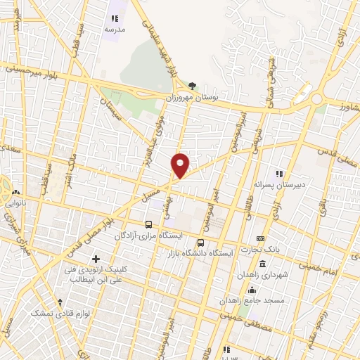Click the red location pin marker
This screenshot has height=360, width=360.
[180, 165]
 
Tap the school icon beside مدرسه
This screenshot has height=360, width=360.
[115, 18]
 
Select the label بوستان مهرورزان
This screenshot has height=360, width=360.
[193, 98]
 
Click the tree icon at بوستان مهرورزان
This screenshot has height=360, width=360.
[193, 86]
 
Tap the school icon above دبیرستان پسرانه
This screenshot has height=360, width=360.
[279, 173]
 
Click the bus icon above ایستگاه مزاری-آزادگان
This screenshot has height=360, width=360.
[148, 224]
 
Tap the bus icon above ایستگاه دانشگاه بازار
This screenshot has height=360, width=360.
[201, 243]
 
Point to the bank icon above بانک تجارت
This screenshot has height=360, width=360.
[260, 239]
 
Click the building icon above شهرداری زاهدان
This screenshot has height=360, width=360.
[262, 264]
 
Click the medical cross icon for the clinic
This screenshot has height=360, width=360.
[96, 259]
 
